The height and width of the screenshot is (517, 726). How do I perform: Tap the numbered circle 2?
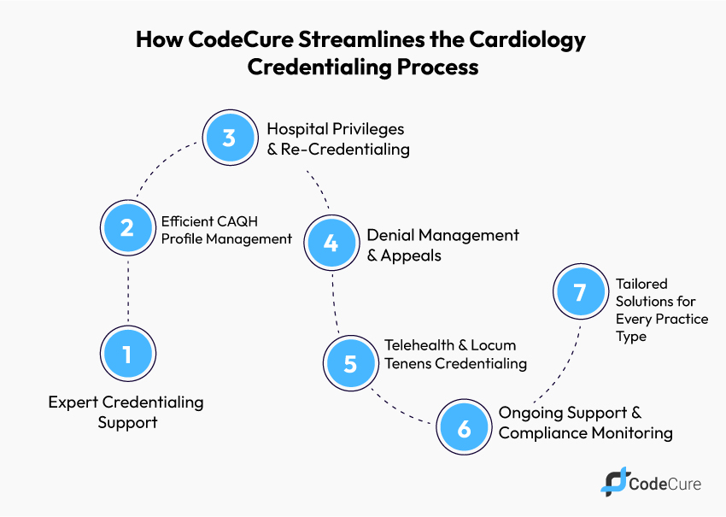127,228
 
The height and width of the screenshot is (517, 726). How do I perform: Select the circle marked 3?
228,138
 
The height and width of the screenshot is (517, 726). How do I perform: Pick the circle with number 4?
331,244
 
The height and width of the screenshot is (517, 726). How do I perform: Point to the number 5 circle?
349,363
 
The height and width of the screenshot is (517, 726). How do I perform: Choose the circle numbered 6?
464,428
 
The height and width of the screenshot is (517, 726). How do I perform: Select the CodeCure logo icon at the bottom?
613,483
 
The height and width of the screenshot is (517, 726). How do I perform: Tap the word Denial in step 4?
390,235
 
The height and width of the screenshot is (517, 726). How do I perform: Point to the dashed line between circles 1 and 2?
127,291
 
